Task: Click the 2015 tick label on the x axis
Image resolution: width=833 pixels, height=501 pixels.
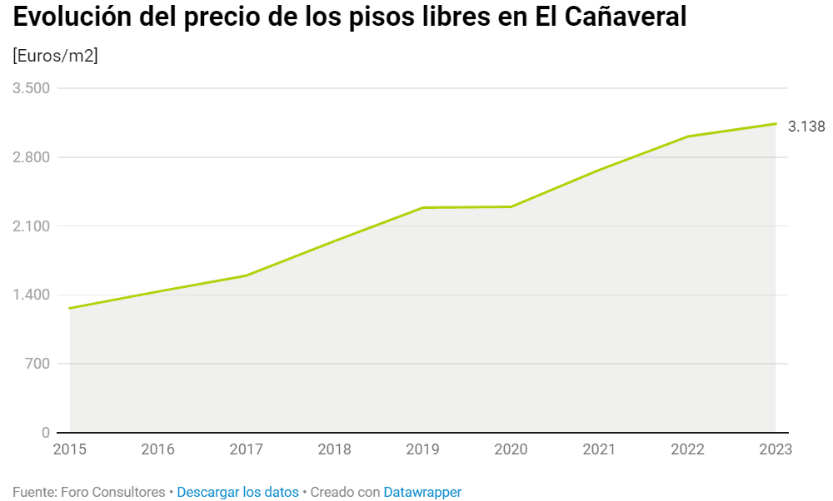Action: (x=69, y=450)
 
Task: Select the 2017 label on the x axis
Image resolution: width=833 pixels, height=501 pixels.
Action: (x=246, y=450)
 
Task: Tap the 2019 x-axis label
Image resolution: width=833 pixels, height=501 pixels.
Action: (x=422, y=450)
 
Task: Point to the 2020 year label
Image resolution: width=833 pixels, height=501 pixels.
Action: (x=511, y=450)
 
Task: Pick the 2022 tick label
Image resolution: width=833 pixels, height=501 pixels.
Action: (x=687, y=450)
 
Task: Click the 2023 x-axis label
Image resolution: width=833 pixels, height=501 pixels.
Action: (x=775, y=450)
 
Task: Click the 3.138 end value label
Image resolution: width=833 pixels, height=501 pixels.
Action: (x=806, y=126)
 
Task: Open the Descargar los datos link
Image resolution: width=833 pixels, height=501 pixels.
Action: (x=237, y=492)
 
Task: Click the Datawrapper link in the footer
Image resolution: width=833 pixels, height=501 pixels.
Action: (x=422, y=492)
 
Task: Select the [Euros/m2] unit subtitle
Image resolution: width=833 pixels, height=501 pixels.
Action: (x=55, y=56)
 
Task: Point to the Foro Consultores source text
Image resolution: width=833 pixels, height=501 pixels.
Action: (x=112, y=492)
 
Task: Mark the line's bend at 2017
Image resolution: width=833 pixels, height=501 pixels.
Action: (x=246, y=275)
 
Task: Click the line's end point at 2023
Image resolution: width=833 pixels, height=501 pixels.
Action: (x=776, y=124)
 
